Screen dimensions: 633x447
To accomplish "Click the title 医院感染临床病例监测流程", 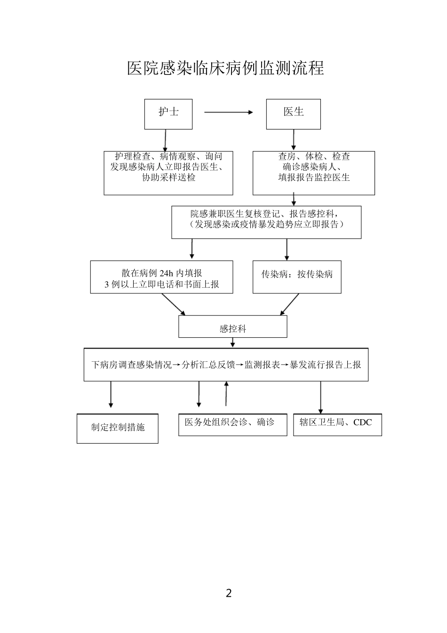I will point(225,68).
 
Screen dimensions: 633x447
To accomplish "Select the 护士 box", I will point(168,114).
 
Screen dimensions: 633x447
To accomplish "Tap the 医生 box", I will point(293,114).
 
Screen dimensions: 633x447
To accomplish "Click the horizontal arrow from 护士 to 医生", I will point(229,112).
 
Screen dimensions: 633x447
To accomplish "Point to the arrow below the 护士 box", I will point(165,140).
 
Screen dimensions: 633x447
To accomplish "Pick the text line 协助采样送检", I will point(168,178).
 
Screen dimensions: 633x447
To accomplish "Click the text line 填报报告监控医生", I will point(314,178).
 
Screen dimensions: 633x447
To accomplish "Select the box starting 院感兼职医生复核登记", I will point(266,222).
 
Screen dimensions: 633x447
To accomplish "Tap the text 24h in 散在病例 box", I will point(167,273).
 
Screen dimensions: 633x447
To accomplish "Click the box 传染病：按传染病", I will point(297,277).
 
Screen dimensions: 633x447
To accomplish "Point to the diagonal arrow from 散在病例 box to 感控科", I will point(173,304).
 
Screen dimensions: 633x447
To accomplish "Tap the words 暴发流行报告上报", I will point(325,365).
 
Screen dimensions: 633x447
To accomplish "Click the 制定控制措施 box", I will point(118,428).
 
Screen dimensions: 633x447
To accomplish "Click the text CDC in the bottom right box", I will point(362,422).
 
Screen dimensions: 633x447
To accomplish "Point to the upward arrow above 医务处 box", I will point(226,394).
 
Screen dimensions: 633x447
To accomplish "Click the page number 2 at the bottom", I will point(229,593).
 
